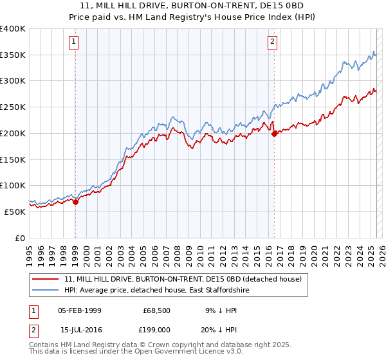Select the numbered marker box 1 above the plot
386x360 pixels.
point(75,42)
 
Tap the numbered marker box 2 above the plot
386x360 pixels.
point(273,42)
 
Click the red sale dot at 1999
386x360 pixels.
point(75,202)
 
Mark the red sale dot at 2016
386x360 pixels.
point(275,134)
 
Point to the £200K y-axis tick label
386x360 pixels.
point(13,133)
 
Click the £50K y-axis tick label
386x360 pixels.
point(15,211)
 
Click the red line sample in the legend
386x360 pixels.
point(46,280)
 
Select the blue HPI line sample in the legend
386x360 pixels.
point(46,291)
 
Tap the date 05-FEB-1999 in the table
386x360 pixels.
point(79,310)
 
